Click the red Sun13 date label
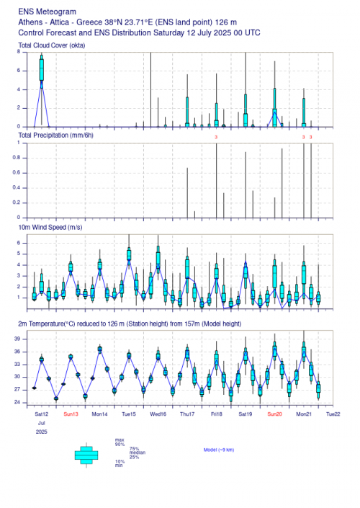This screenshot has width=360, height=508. coord(71,414)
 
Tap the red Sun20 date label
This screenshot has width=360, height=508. coord(274,414)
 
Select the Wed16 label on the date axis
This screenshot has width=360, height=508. coord(158,414)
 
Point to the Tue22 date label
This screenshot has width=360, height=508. coord(333,414)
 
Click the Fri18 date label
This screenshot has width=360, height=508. coord(217,414)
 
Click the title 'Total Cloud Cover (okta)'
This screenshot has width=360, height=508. coord(52,45)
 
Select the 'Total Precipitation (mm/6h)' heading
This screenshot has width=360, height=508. coord(55,135)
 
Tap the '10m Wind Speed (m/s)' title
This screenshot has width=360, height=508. coord(50,228)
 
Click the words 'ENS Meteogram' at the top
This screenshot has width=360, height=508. coord(48,12)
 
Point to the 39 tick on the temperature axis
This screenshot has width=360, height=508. coord(17,339)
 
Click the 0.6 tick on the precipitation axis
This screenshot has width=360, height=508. coord(17,173)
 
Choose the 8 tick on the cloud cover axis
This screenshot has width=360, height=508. coord(19,51)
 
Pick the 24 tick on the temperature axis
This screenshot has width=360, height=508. coord(17,402)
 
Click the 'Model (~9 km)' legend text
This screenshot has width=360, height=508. coord(219,450)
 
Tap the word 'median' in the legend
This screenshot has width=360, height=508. coord(138,453)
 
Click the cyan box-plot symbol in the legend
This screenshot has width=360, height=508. coord(86,455)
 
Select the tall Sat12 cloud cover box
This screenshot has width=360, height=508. coord(42,69)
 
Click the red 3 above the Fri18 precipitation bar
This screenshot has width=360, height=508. coord(216,137)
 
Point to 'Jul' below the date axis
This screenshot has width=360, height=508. coord(42,423)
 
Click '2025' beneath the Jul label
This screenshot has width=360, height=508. coord(42,432)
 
